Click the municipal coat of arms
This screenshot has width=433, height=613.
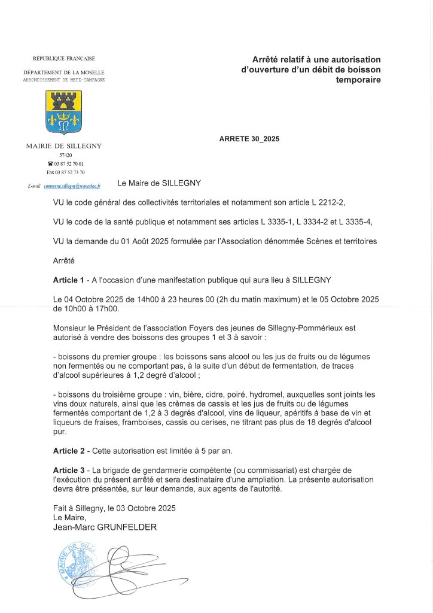click(x=64, y=112)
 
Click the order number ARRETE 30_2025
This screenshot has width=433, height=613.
click(x=249, y=139)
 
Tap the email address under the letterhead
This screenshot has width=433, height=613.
click(x=72, y=187)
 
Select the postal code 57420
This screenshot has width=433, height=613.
click(x=65, y=155)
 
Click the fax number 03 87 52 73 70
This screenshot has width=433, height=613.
click(x=66, y=172)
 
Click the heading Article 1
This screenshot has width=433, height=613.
click(x=69, y=280)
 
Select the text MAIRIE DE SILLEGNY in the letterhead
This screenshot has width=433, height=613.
click(x=64, y=145)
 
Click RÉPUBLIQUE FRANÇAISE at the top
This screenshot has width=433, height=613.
click(x=64, y=58)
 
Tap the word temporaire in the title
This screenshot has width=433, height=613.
click(x=358, y=79)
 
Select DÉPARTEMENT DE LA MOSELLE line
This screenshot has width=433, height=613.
click(x=64, y=72)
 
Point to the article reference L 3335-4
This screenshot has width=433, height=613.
click(x=355, y=222)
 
